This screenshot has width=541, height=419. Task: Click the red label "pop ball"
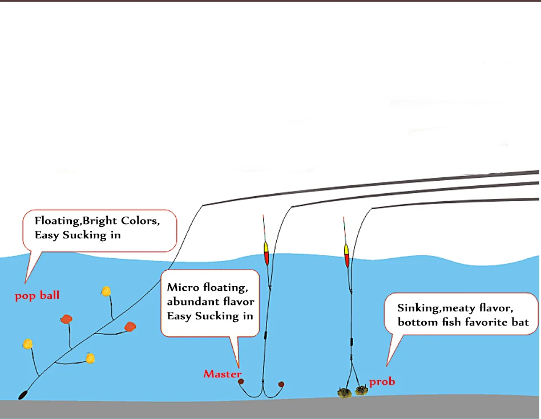coord(37,296)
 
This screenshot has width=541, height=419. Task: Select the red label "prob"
coord(382,381)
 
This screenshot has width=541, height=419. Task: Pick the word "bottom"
coord(419,323)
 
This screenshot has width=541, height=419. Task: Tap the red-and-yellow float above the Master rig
coord(266,252)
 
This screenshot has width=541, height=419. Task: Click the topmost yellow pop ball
coord(106,291)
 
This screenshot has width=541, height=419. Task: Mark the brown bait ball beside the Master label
coord(241,382)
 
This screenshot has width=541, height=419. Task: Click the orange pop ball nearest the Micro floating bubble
coord(131,327)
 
